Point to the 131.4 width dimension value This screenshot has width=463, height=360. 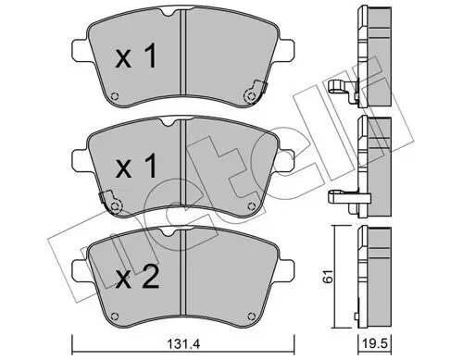(181, 344)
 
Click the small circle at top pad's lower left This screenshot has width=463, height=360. (114, 102)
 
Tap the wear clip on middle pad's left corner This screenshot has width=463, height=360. (110, 196)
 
